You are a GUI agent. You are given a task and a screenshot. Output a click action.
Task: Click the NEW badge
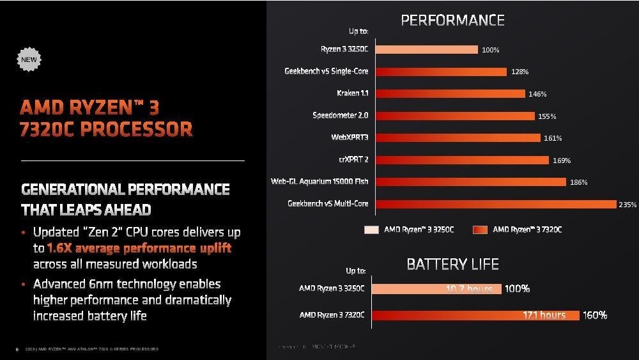point(29,59)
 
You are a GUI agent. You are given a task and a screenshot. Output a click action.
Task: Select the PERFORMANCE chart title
point(452,20)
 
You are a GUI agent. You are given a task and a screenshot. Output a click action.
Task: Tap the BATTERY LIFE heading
point(452,263)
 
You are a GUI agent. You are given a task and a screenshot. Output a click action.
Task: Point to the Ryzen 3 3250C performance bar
point(425,49)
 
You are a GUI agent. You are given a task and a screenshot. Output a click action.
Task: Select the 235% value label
point(627,205)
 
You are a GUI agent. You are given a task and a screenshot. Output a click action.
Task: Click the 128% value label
point(520,72)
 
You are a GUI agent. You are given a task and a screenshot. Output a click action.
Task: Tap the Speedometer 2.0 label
point(340,116)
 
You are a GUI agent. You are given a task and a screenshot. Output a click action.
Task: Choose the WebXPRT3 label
point(349,137)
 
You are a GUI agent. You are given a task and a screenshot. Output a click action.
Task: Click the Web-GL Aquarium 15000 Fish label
point(319,182)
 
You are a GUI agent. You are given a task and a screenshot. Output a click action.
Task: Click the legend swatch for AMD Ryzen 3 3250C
point(371,230)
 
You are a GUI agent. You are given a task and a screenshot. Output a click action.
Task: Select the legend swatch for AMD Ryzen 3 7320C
point(480,230)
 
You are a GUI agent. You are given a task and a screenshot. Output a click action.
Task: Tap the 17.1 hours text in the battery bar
point(544,315)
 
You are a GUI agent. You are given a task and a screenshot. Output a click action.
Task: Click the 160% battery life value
point(594,315)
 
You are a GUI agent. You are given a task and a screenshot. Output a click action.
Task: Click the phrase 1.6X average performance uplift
point(139,248)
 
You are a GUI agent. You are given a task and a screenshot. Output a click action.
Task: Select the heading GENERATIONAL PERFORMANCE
point(125,189)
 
